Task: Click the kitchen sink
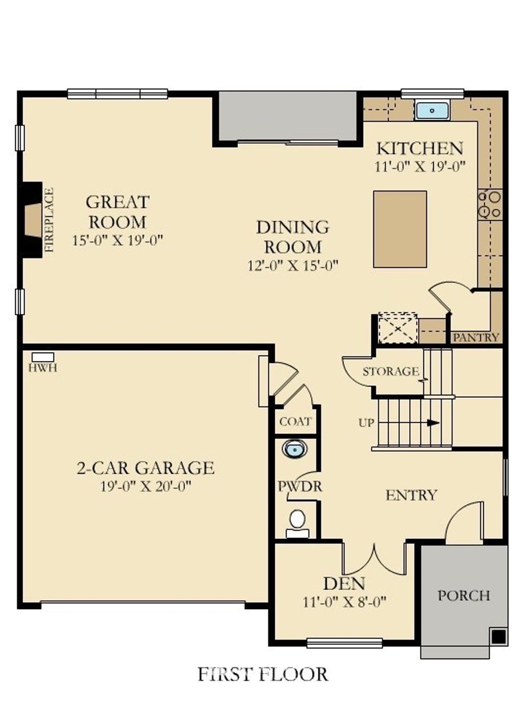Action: click(x=432, y=110)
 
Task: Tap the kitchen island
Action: click(x=400, y=229)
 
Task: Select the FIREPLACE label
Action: click(x=49, y=220)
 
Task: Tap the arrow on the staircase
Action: click(x=433, y=423)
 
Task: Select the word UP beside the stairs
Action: click(x=366, y=423)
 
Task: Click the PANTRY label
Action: click(x=476, y=337)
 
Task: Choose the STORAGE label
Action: click(x=391, y=372)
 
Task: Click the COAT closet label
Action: click(x=295, y=422)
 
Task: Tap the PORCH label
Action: click(x=464, y=596)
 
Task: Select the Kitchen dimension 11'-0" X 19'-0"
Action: click(x=420, y=167)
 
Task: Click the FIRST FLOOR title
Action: click(x=263, y=674)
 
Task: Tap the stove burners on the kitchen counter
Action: click(x=489, y=204)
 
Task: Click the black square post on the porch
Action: click(x=498, y=636)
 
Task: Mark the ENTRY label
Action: click(x=411, y=495)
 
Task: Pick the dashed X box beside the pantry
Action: click(x=397, y=328)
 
